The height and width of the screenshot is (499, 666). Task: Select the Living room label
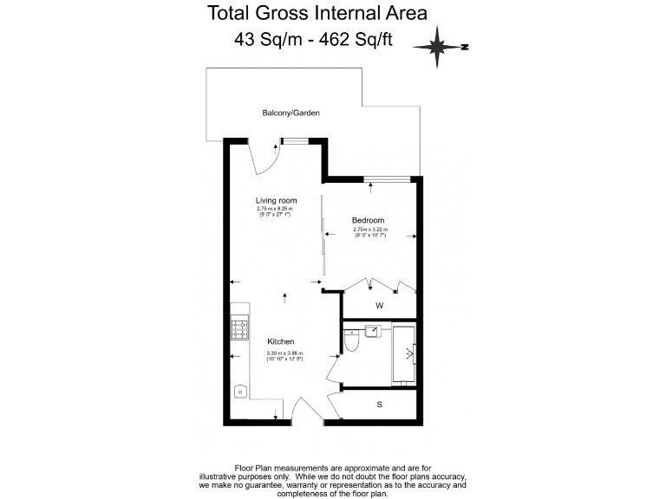click(276, 200)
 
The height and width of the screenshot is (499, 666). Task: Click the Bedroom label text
click(368, 220)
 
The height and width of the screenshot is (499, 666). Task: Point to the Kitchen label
click(280, 341)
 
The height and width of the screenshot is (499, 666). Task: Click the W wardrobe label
click(379, 306)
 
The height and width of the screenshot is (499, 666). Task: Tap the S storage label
click(379, 404)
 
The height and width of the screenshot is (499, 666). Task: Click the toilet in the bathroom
click(350, 345)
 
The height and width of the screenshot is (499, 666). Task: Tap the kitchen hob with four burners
click(239, 329)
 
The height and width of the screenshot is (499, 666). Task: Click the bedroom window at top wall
click(387, 179)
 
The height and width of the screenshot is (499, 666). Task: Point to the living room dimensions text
click(276, 211)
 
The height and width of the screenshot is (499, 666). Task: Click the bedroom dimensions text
click(370, 232)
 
